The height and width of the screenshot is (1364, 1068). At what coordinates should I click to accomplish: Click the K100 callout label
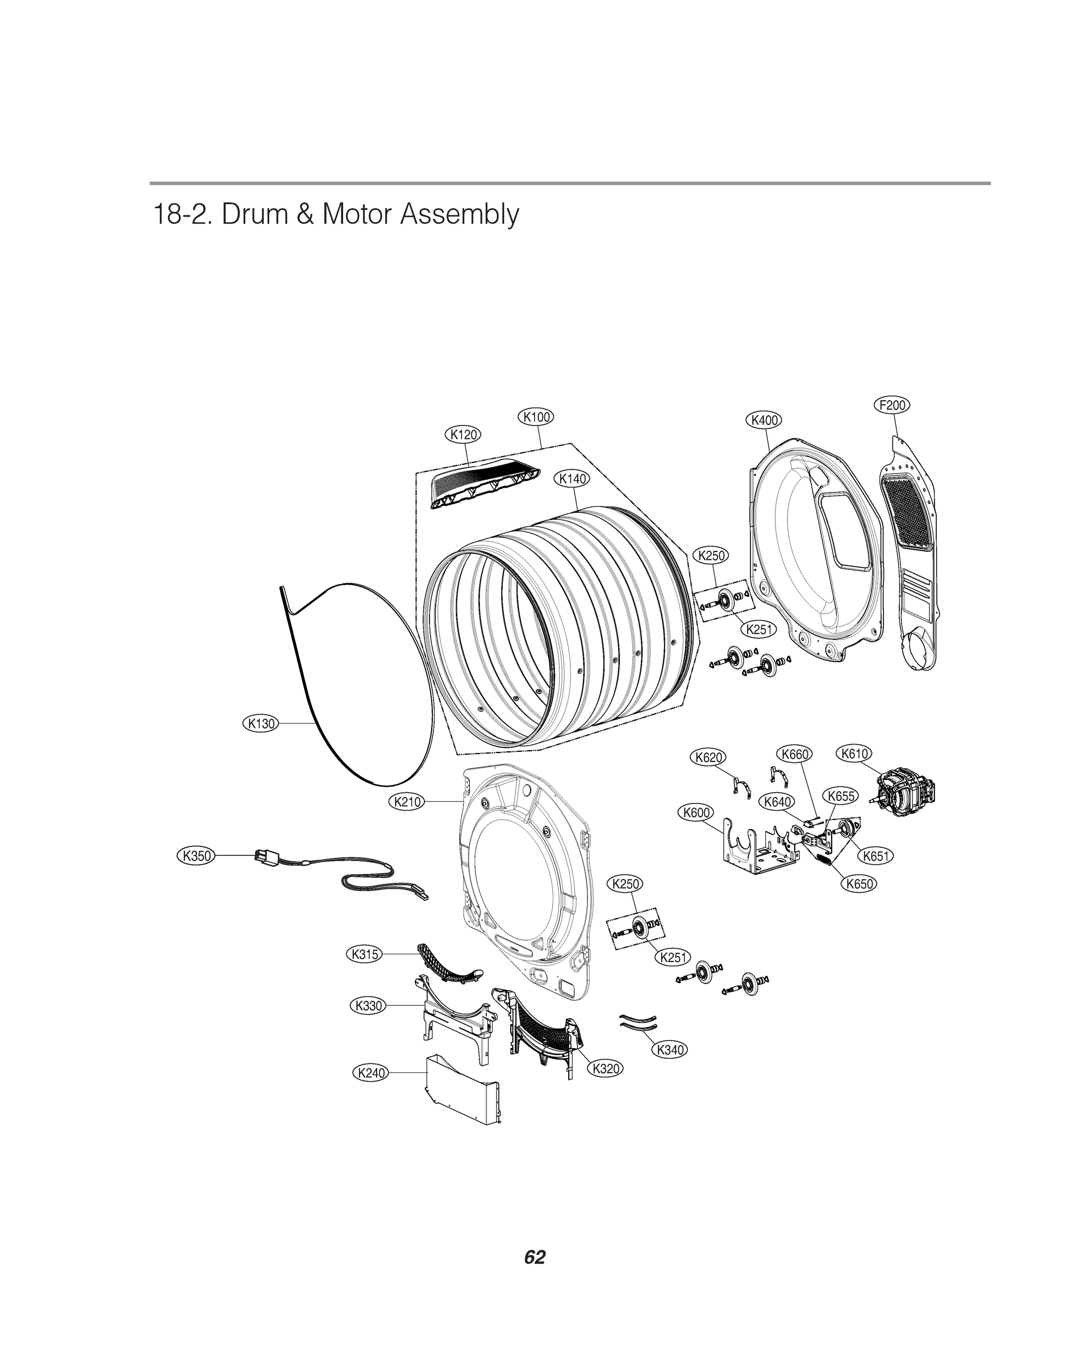(x=536, y=417)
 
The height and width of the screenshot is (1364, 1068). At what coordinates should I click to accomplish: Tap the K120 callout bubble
(x=464, y=434)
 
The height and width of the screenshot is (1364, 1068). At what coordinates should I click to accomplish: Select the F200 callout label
(x=891, y=405)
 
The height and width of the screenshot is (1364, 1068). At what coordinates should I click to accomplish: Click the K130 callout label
(x=260, y=723)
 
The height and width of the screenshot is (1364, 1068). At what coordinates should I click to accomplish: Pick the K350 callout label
(x=197, y=855)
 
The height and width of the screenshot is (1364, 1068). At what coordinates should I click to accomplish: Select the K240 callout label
(x=370, y=1073)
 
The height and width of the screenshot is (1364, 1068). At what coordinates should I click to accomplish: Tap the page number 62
(x=535, y=1257)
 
